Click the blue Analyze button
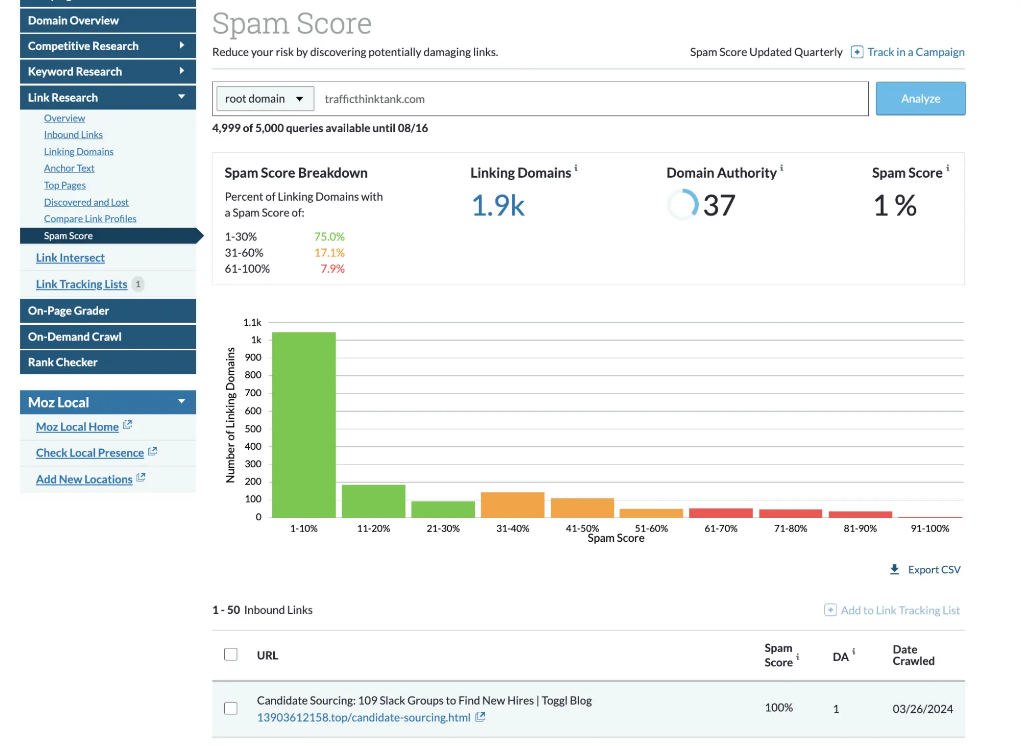pos(920,99)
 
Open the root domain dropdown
pos(265,99)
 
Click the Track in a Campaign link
pos(915,52)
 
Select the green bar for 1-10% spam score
pos(304,424)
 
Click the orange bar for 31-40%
pos(512,504)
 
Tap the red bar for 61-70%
pos(720,513)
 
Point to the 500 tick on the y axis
pos(253,429)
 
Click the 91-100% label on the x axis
pos(930,528)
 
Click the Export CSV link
pos(933,569)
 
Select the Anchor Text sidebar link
pos(69,168)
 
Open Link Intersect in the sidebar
pos(70,258)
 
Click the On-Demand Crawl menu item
pos(75,336)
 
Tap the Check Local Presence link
pos(90,453)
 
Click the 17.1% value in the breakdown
pos(329,253)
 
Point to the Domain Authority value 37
pos(719,205)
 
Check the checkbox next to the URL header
pos(231,654)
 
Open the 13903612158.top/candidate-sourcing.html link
pos(363,717)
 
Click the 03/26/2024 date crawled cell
pos(922,709)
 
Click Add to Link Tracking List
pos(899,610)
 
